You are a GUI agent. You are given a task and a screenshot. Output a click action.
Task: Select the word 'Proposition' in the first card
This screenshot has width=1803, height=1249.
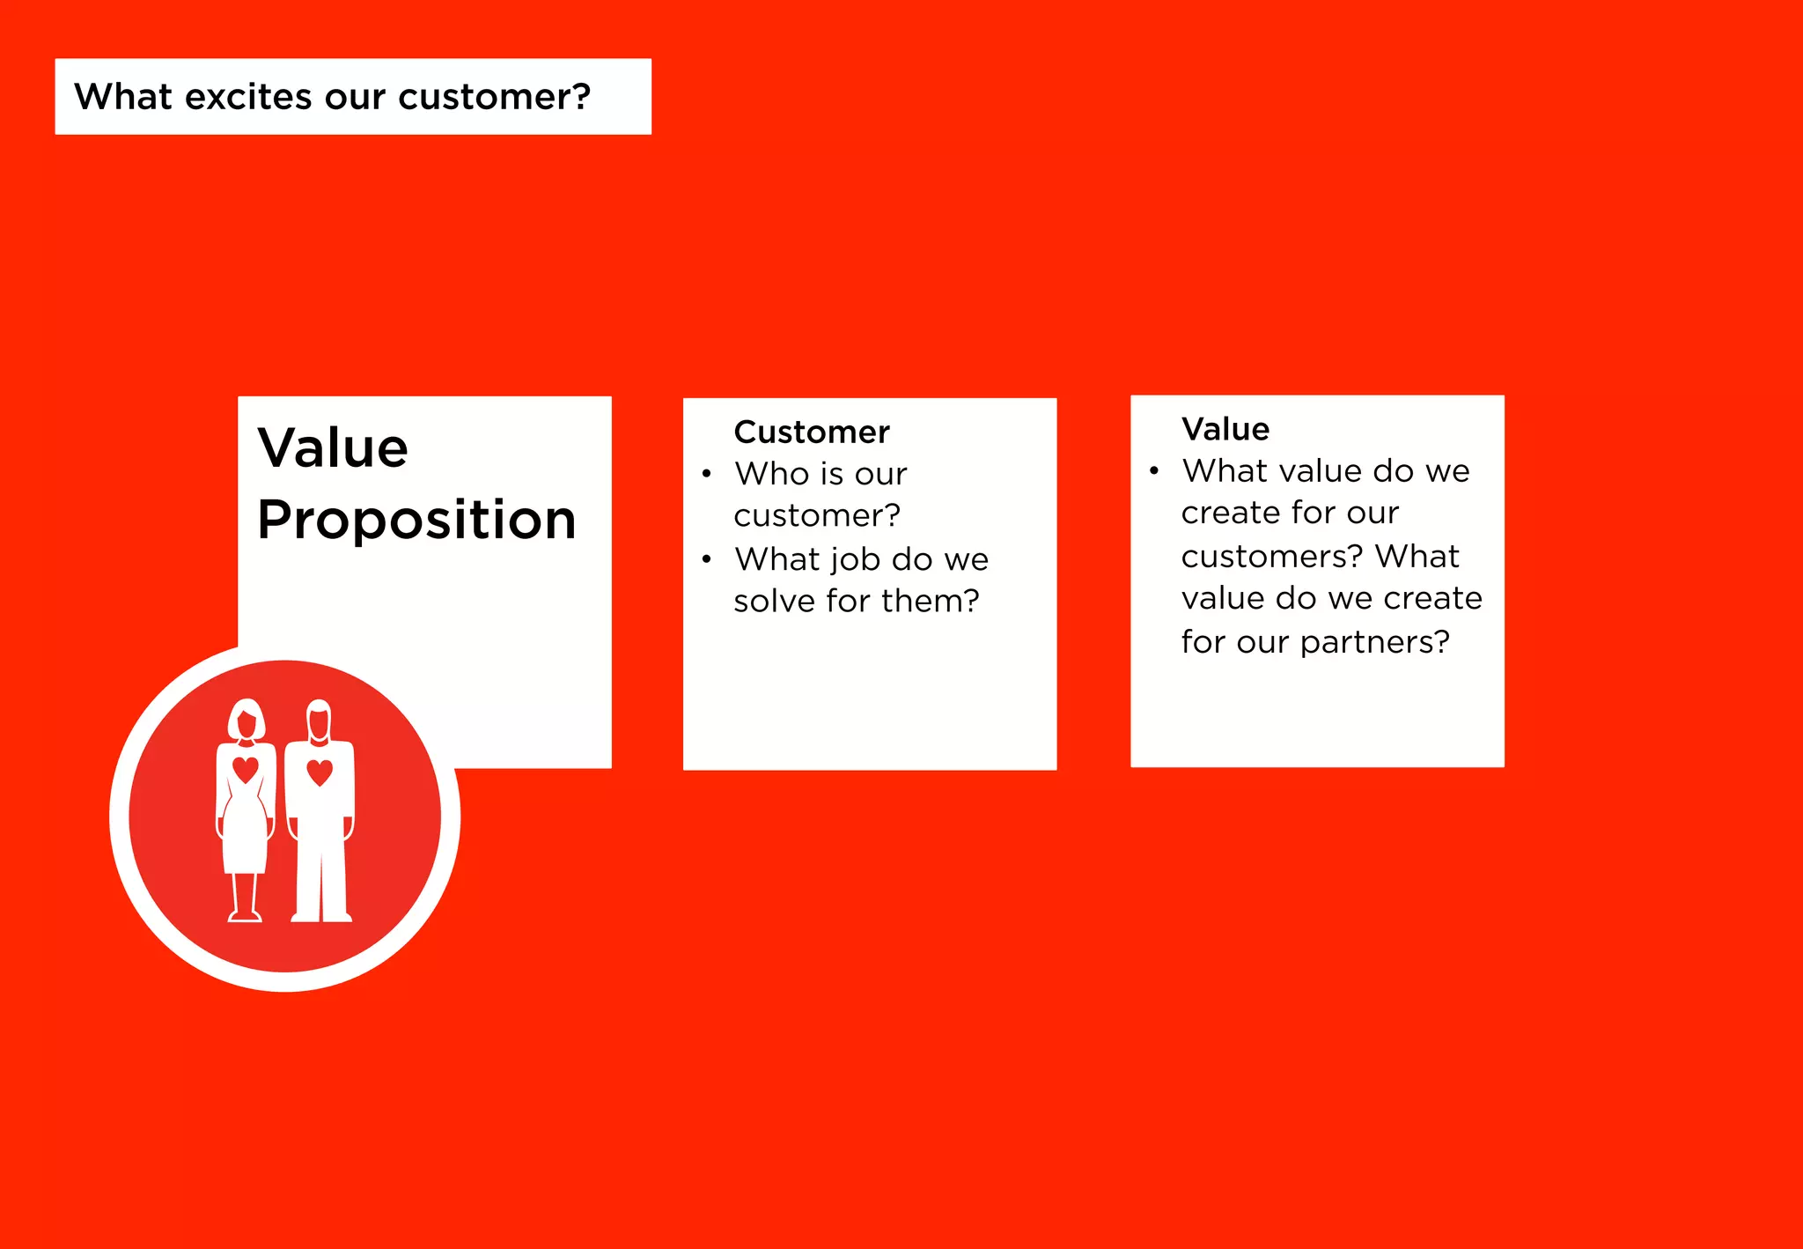point(416,520)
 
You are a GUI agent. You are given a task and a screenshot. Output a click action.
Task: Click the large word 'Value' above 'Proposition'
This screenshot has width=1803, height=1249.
point(333,447)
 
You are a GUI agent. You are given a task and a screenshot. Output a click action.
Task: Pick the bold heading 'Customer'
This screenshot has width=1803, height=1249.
point(811,432)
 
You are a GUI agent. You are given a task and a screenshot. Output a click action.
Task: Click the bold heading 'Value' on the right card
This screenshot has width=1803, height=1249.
point(1225,429)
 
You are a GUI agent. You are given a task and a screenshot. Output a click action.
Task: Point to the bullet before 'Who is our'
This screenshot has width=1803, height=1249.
point(707,474)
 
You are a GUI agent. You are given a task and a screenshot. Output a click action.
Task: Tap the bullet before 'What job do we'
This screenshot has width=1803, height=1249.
point(707,559)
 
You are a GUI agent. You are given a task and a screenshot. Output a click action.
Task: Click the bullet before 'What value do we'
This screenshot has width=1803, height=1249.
point(1154,471)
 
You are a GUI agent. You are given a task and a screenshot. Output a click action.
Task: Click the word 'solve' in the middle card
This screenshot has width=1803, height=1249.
point(774,601)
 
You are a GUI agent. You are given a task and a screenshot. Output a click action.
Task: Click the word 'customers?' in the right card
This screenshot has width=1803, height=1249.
point(1272,557)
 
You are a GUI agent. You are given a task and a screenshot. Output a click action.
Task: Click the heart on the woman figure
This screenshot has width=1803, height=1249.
point(246,769)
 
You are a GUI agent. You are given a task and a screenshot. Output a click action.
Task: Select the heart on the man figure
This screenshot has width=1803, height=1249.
point(320,772)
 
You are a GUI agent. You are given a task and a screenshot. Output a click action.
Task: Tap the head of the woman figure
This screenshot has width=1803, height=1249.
point(247,721)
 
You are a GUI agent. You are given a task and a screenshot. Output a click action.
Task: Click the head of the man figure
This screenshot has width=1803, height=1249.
point(319,721)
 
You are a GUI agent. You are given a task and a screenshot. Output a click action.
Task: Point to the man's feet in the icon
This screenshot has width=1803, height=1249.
point(321,916)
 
